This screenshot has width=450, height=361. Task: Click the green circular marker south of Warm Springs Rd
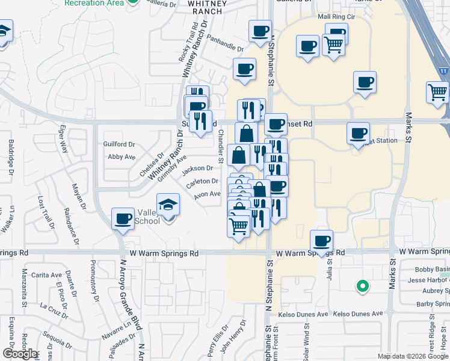[x=362, y=286]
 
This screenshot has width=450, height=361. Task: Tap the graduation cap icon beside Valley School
[x=168, y=205]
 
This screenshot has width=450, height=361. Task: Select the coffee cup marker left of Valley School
[x=123, y=219]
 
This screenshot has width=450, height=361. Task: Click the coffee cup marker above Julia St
[x=321, y=241]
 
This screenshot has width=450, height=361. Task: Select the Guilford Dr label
[x=119, y=144]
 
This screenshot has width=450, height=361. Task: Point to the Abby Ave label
[x=121, y=157]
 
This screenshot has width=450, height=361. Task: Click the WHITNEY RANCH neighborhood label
[x=207, y=7]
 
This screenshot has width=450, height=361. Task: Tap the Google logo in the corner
[x=20, y=354]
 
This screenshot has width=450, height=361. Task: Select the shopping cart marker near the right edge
[x=437, y=92]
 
